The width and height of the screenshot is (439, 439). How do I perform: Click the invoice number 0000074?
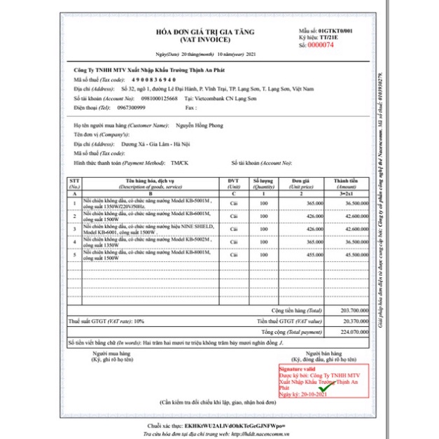click(321, 44)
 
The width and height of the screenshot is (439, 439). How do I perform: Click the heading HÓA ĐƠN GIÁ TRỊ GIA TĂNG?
click(205, 32)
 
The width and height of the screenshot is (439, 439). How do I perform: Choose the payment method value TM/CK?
click(179, 162)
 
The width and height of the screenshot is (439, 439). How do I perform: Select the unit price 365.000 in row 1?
click(315, 202)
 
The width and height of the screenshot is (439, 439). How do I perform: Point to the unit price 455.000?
click(315, 256)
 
